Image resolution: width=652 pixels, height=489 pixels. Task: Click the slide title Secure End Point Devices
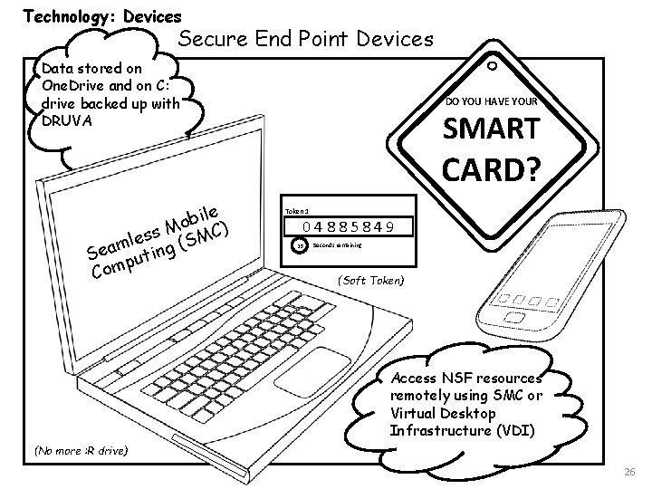pos(305,40)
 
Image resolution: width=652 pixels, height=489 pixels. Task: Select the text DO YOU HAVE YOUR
pos(494,102)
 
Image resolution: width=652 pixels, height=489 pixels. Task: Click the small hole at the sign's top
pos(492,66)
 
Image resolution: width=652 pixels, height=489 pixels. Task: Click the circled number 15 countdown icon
pos(300,245)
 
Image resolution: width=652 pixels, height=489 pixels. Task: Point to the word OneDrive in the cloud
pos(69,84)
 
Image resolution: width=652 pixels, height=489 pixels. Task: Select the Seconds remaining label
pos(338,244)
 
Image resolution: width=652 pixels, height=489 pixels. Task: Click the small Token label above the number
pos(295,209)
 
